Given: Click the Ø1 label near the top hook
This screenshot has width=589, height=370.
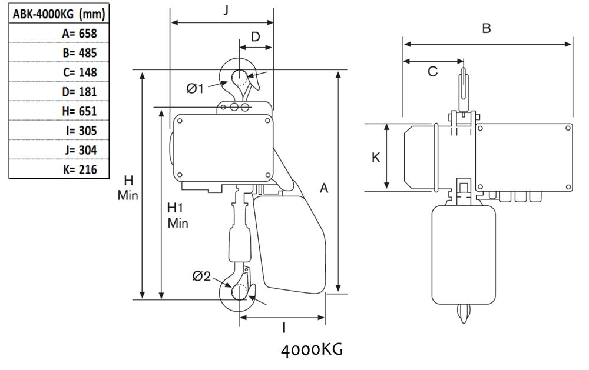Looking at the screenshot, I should [x=195, y=88].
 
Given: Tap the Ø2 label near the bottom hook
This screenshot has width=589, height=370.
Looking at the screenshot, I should [x=201, y=275].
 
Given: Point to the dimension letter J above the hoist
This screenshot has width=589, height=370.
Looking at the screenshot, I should [x=227, y=10].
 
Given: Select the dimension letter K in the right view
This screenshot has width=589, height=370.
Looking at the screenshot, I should [x=376, y=157].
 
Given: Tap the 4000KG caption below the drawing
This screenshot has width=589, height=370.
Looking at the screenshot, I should [x=312, y=351].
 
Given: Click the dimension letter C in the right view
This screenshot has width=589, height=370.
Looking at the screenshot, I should [x=432, y=72].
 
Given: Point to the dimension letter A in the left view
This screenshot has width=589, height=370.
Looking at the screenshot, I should [x=323, y=188].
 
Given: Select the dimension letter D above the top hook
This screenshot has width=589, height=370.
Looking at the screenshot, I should [x=256, y=36].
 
